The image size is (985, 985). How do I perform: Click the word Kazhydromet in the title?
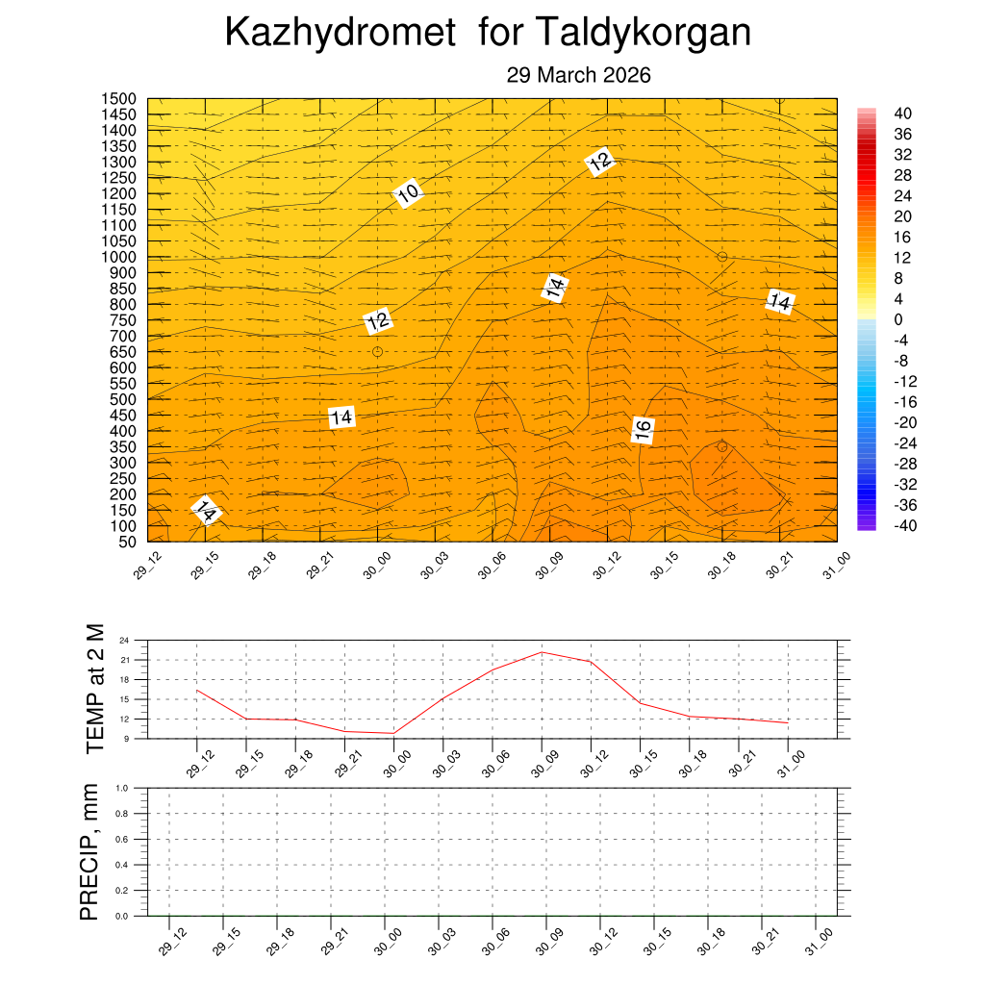339,34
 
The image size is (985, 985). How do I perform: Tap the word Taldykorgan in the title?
643,34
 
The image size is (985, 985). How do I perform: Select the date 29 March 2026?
579,75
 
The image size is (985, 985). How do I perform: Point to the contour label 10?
408,193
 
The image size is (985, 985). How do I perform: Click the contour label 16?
643,430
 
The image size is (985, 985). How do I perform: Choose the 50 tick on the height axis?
126,542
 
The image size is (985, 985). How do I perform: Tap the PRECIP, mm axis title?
89,851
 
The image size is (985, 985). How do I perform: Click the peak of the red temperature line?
542,652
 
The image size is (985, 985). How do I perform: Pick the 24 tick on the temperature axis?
124,640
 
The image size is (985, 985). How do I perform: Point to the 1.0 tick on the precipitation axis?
122,788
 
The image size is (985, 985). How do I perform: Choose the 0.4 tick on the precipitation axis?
122,865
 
